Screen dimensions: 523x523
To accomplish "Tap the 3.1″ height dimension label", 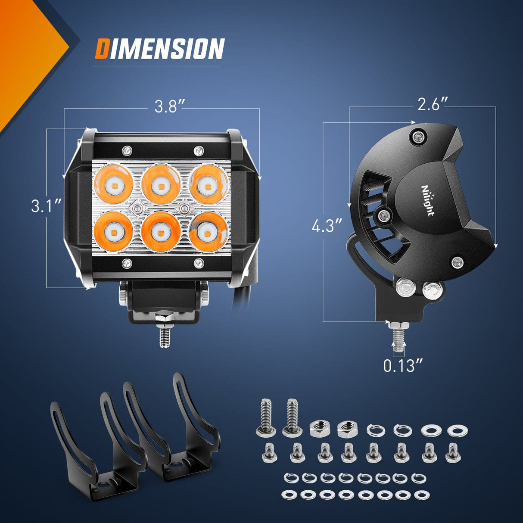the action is click(46, 206).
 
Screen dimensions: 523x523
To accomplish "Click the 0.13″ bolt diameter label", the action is click(403, 365).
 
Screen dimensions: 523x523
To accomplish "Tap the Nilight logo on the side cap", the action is click(427, 201).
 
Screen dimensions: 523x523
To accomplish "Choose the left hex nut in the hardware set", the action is click(320, 429).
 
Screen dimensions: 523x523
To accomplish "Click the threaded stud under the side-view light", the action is click(398, 339).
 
